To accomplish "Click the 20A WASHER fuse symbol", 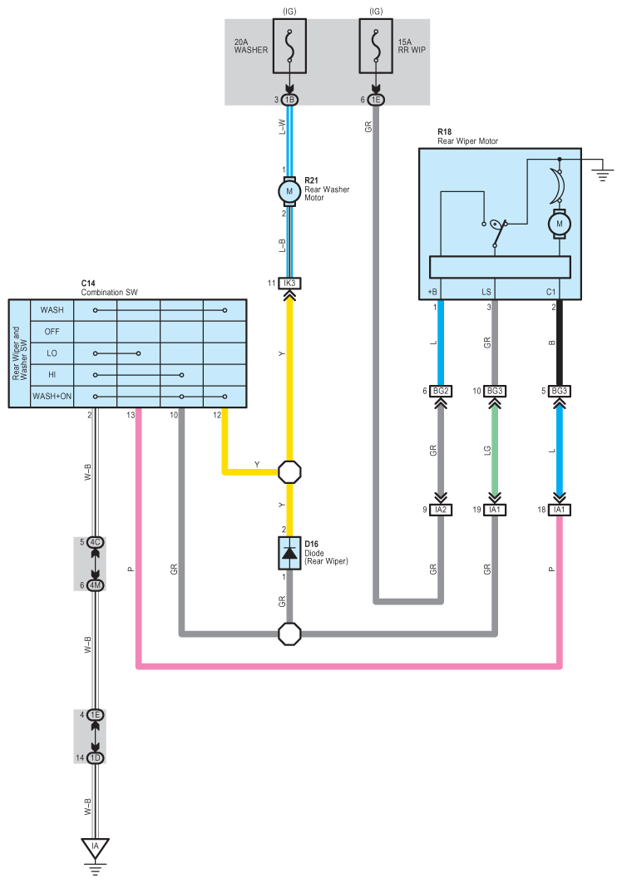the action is click(289, 46).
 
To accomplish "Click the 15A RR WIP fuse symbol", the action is click(376, 46).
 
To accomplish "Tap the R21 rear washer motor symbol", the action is click(289, 191).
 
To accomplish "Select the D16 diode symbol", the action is click(289, 553).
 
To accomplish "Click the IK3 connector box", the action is click(289, 284).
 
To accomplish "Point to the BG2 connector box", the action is click(441, 391).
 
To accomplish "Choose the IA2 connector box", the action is click(441, 510).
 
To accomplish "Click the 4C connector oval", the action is click(96, 542).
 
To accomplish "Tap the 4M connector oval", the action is click(96, 585).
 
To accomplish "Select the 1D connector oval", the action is click(96, 758).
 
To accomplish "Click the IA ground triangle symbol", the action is click(96, 848).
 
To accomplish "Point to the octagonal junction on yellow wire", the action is click(289, 472).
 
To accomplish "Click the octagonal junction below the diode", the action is click(289, 634).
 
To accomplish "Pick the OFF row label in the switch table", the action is click(52, 332).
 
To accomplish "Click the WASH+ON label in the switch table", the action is click(52, 397).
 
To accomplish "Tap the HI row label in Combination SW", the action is click(52, 375).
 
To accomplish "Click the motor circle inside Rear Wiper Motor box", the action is click(560, 224).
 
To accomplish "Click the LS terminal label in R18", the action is click(486, 292).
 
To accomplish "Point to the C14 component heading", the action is click(88, 284).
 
